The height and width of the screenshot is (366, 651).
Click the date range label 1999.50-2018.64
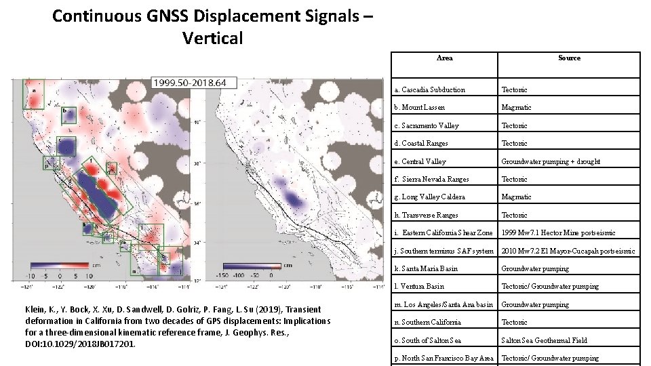coord(190,83)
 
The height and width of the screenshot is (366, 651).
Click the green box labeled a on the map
coord(33,94)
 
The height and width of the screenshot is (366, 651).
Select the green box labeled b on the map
coord(68,115)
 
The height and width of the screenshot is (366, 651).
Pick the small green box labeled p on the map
coord(47,163)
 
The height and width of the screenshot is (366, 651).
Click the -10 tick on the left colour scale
coord(29,276)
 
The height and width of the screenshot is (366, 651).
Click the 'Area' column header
coord(445,58)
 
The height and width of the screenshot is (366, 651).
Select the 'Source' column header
coord(569,58)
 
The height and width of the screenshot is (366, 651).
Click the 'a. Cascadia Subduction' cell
coord(434,89)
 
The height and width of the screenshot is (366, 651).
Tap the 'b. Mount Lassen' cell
coord(424,107)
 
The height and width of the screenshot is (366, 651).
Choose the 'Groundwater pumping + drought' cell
coord(550,161)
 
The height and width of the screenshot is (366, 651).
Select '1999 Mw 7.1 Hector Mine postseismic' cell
coord(558,232)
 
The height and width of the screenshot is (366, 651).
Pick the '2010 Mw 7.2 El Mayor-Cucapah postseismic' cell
coord(568,251)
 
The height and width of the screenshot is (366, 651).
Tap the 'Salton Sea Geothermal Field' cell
coord(544,340)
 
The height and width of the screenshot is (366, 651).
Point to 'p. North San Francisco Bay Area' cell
coord(444,358)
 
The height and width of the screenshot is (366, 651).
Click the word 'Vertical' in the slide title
coord(212,38)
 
